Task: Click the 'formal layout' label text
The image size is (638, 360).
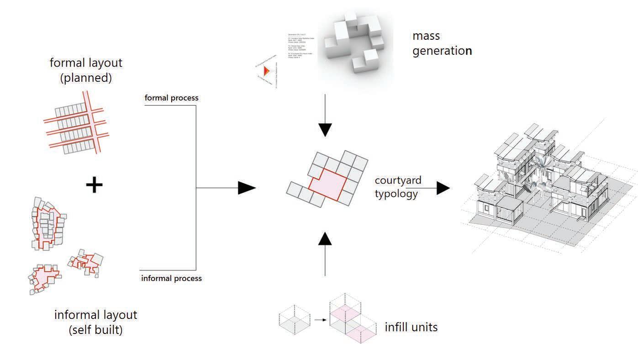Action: pos(86,62)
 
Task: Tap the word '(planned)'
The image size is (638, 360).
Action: pos(86,78)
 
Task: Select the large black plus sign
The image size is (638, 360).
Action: pos(94,185)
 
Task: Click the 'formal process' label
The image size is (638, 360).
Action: pos(171,98)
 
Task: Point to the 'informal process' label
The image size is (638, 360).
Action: pos(171,278)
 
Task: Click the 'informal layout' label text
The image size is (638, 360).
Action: pos(95,315)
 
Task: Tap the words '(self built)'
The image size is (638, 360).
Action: pos(95,330)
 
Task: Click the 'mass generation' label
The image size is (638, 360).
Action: pos(442,43)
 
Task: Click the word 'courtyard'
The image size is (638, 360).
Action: pos(398,180)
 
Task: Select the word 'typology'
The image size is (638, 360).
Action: pos(396,194)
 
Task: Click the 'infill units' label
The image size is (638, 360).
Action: pos(411,327)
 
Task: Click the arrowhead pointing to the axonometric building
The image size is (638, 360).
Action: pos(443,188)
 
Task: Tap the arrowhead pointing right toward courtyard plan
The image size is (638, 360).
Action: pos(247,188)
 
